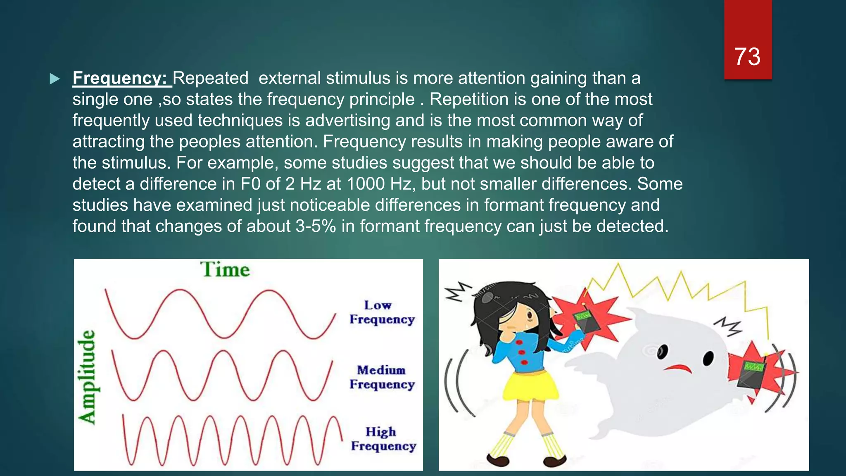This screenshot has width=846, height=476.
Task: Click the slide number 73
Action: click(747, 56)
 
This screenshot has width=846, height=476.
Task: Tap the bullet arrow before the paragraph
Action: click(55, 79)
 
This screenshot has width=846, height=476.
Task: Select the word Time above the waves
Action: click(225, 270)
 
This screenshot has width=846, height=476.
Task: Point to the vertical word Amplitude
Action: click(88, 377)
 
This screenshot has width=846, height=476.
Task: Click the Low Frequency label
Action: click(382, 312)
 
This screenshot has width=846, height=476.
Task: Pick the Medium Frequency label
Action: click(382, 377)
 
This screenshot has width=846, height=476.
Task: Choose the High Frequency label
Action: click(383, 439)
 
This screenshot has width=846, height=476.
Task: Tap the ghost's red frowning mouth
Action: click(679, 368)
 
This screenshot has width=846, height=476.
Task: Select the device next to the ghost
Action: click(752, 372)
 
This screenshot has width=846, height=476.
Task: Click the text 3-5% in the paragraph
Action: click(316, 226)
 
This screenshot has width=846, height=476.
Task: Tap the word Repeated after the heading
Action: click(211, 78)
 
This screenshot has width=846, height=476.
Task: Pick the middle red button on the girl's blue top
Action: click(522, 352)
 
